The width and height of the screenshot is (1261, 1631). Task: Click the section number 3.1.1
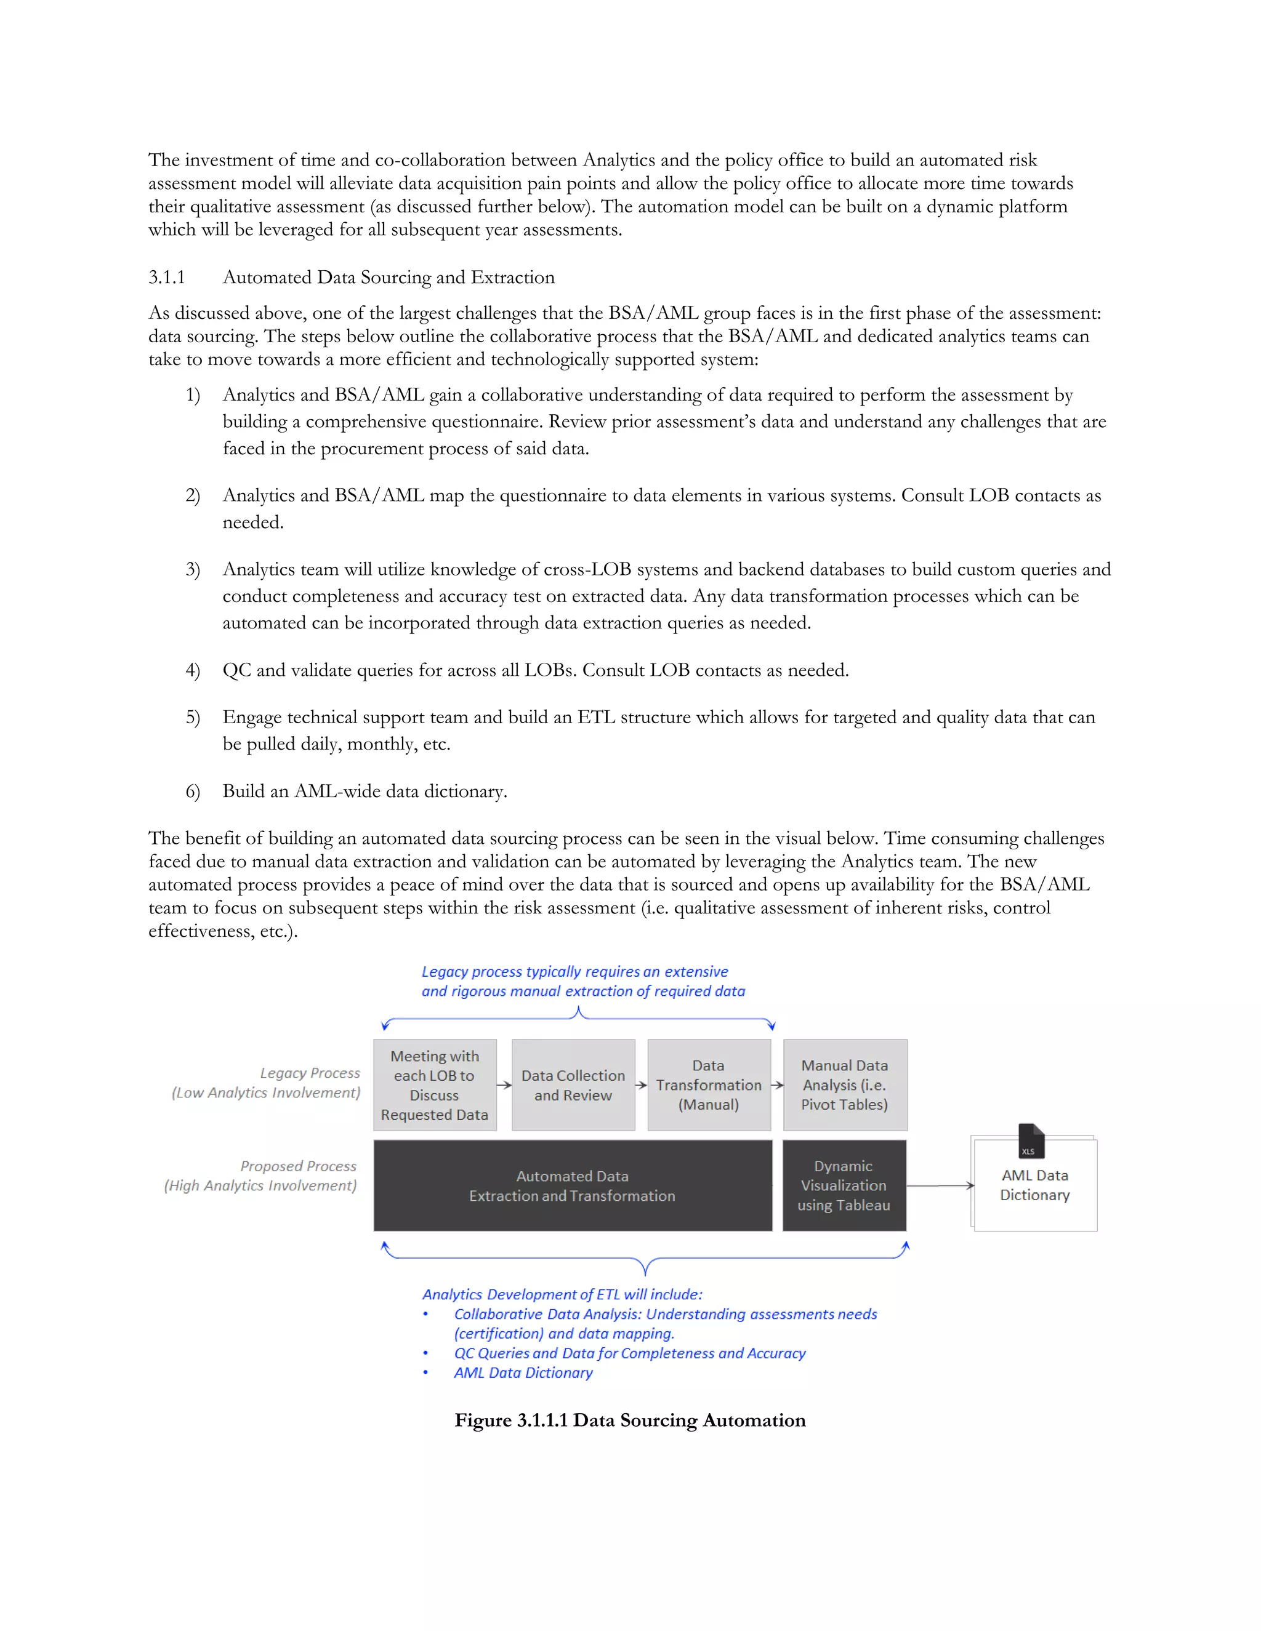coord(167,278)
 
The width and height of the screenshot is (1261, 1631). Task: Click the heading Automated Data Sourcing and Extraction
coord(389,278)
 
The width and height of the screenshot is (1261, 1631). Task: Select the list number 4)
coord(193,671)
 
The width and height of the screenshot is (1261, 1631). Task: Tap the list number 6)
coord(193,791)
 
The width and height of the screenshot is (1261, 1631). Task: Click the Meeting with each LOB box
coord(435,1085)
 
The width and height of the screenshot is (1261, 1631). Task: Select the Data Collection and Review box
coord(573,1085)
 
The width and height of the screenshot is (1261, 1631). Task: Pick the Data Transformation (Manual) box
coord(708,1085)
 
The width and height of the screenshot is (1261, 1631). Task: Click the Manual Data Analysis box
coord(845,1085)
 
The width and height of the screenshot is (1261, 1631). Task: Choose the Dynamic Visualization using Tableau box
coord(844,1186)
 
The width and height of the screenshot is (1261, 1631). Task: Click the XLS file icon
coord(1031,1141)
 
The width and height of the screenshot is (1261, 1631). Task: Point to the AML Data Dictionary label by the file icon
coord(1034,1185)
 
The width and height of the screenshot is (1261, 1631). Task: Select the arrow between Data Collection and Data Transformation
coord(641,1085)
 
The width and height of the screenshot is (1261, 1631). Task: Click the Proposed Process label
coord(298,1166)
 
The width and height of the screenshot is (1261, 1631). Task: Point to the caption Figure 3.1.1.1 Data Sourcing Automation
coord(630,1421)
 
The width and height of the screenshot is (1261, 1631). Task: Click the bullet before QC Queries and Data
coord(426,1354)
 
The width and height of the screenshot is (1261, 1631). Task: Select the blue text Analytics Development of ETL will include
coord(562,1295)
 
